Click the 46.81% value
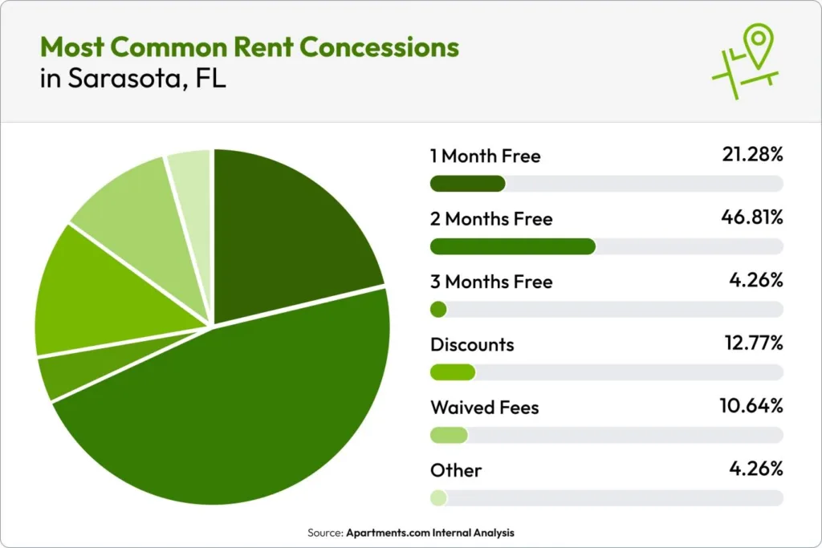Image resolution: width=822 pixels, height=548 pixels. click(x=751, y=218)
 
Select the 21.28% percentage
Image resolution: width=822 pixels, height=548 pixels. click(x=751, y=155)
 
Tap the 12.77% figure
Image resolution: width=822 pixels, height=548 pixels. click(x=751, y=344)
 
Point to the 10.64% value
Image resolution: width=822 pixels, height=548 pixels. click(x=751, y=407)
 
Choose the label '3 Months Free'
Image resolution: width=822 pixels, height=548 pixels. click(x=491, y=282)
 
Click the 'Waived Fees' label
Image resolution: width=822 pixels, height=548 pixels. click(x=484, y=408)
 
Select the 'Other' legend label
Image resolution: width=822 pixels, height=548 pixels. click(x=456, y=470)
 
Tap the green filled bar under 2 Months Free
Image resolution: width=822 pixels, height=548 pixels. click(x=513, y=246)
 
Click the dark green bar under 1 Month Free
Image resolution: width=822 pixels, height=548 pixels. click(x=467, y=184)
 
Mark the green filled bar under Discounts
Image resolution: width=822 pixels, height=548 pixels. click(x=453, y=372)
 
